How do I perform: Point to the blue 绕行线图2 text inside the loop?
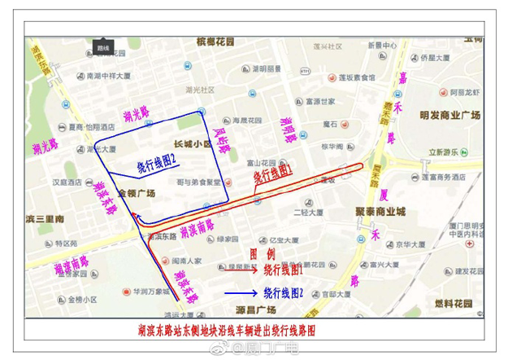click(157, 164)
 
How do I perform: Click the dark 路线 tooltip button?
click(103, 48)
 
